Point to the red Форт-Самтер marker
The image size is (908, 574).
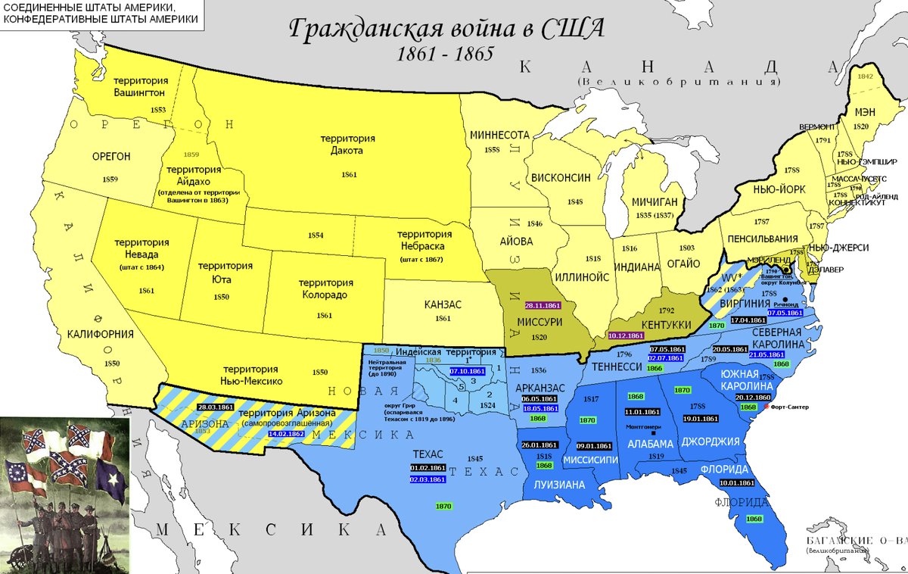click(767, 407)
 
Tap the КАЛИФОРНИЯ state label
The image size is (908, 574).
click(101, 334)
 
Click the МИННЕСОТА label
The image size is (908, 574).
click(499, 134)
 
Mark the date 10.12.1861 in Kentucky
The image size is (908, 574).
click(625, 335)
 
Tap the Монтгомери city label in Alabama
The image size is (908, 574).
click(643, 427)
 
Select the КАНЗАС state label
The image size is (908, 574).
click(441, 304)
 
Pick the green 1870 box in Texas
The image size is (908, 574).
click(444, 506)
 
